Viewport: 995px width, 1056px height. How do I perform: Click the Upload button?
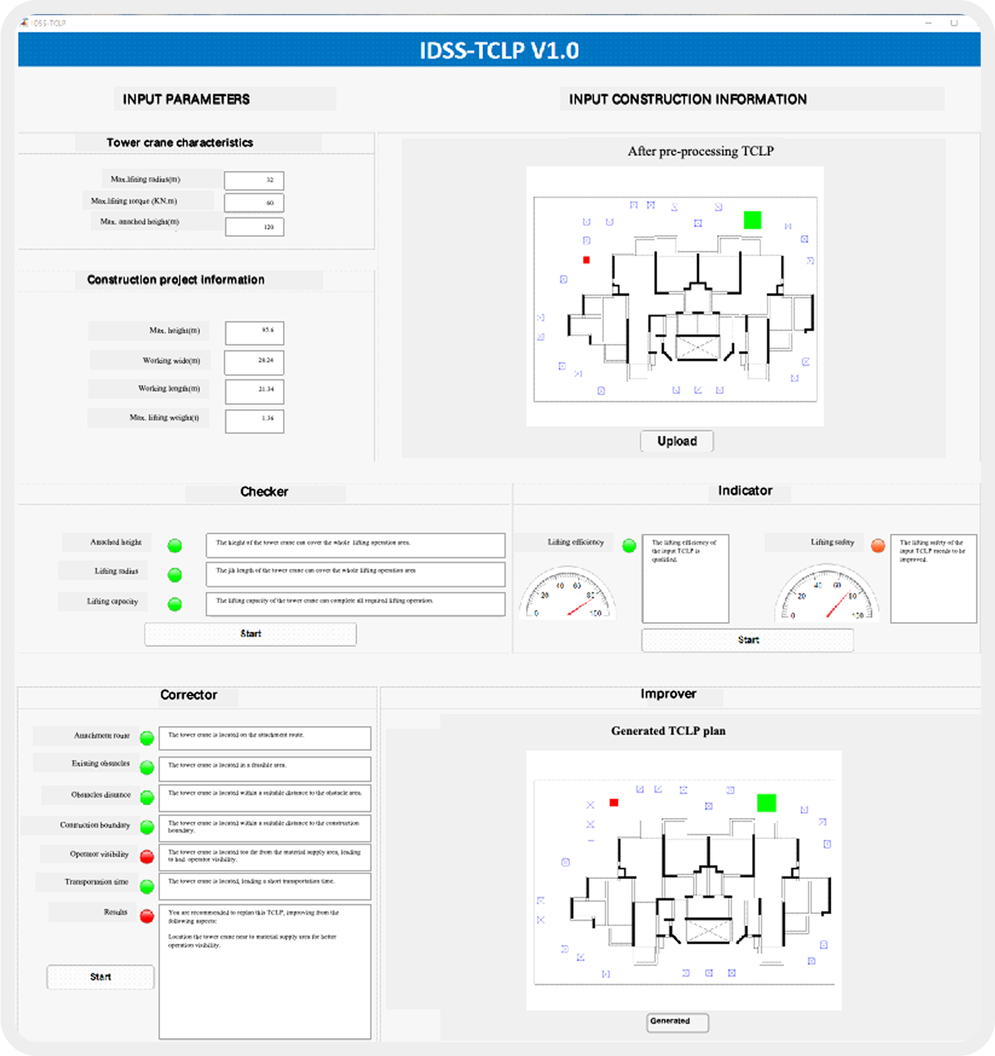677,441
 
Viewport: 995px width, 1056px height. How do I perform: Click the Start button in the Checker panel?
250,634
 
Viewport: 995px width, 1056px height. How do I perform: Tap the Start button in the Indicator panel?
747,640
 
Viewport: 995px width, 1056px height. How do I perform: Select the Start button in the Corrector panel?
100,977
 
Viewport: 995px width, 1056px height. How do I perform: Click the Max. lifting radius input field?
254,180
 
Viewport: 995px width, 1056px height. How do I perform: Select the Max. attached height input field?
254,227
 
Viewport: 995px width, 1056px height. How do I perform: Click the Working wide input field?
254,362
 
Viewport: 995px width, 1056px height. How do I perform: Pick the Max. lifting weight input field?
254,420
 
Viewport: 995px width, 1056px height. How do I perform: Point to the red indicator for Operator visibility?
147,857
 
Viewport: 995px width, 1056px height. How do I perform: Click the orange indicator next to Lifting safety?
878,546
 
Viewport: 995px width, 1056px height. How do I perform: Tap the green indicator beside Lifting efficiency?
629,546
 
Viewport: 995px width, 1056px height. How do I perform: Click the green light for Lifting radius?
175,575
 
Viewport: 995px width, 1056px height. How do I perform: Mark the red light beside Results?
147,916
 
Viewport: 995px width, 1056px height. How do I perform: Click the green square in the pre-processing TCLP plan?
752,220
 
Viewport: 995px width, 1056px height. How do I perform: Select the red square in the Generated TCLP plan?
614,803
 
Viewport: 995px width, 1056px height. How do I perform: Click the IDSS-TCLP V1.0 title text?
499,51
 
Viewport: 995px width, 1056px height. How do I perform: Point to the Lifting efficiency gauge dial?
567,595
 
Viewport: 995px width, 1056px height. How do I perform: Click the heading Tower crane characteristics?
180,143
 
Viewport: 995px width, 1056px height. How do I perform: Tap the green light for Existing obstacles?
147,767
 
